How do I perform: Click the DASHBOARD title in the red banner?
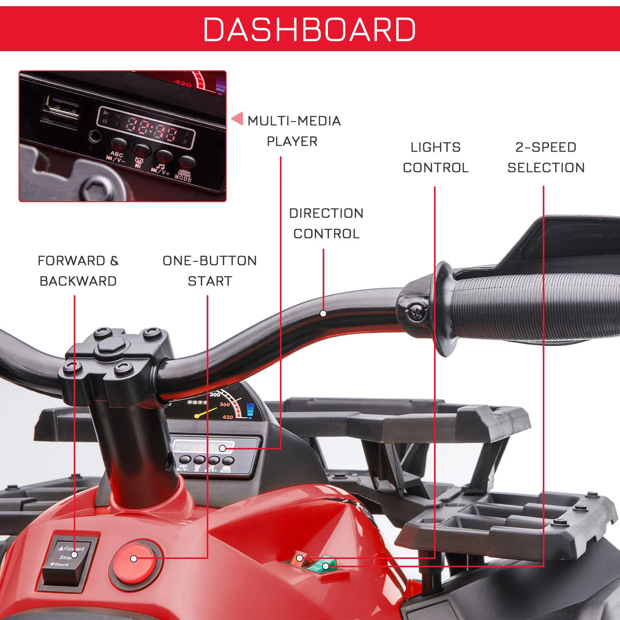point(309,30)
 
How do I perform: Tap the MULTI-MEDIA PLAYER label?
point(293,131)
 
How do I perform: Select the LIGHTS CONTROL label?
point(435,157)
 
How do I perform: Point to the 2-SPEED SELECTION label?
point(545,157)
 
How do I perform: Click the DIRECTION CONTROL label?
point(326,223)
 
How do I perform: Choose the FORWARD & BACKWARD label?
point(78,271)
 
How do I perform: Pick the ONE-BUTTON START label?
point(209,271)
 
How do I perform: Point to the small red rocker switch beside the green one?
point(298,558)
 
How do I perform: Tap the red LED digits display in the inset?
point(151,129)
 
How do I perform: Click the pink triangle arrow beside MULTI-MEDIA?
point(237,119)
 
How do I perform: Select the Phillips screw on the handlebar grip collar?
point(417,312)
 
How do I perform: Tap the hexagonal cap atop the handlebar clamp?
point(112,345)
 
